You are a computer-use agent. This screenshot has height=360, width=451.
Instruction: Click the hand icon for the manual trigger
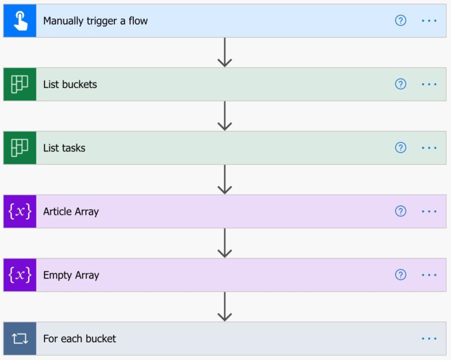click(19, 21)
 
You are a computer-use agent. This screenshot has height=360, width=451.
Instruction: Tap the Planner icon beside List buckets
click(19, 84)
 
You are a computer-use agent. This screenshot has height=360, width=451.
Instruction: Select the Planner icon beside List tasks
click(19, 148)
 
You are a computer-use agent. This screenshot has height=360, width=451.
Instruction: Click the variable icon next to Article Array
click(19, 211)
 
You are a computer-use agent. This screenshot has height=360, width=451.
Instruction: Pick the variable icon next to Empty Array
click(19, 275)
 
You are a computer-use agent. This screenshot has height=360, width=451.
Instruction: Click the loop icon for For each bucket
click(19, 338)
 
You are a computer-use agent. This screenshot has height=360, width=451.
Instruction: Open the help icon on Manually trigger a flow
click(400, 21)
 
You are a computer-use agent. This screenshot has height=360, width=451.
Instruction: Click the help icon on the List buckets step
click(400, 84)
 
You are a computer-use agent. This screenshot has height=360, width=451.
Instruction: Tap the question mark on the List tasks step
click(400, 148)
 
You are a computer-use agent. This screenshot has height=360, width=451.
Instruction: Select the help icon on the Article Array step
click(400, 211)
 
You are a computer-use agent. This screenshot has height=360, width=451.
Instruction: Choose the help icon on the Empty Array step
click(400, 275)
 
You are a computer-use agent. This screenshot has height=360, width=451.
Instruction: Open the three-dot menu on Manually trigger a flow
click(429, 21)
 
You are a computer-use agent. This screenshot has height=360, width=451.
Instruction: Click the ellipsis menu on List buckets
click(429, 84)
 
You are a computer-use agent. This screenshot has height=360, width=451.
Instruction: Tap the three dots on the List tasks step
click(429, 148)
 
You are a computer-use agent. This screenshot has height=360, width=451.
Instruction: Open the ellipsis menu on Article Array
click(429, 211)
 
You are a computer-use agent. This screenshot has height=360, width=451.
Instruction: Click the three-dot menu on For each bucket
click(429, 338)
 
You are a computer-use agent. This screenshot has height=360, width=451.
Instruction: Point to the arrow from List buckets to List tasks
click(225, 116)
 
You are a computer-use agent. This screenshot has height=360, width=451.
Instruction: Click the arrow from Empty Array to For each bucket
click(225, 307)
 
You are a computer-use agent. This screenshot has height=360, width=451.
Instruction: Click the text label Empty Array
click(71, 275)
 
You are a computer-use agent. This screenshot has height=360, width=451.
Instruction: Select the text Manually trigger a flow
click(95, 21)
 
